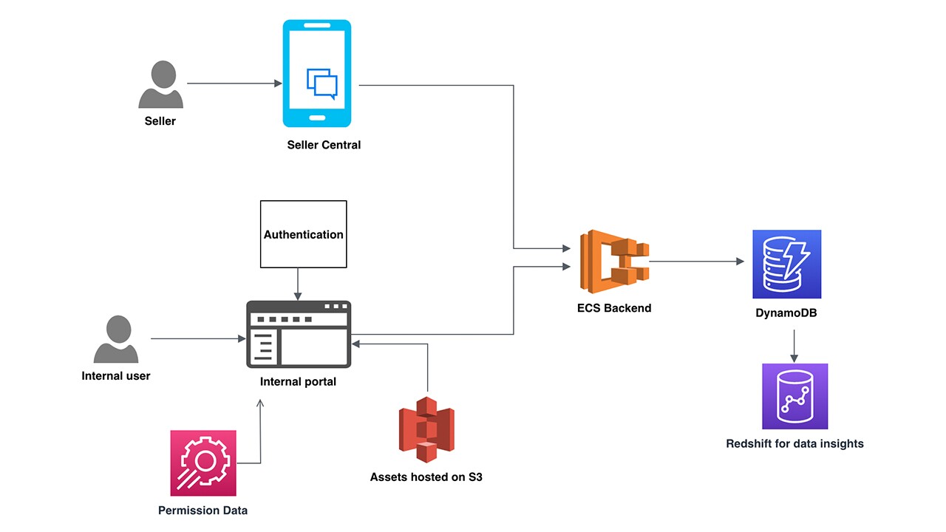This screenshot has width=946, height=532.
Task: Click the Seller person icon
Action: point(160,84)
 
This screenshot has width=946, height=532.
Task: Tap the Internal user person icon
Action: point(116,339)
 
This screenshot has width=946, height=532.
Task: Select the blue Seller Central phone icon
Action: point(317,73)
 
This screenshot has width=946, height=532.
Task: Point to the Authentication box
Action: point(303,234)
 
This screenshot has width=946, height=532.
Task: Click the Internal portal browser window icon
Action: point(299,334)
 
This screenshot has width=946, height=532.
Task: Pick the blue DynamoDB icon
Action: point(786,264)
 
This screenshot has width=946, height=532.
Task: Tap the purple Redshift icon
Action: point(794,396)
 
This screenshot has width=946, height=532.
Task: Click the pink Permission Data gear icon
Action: point(203,463)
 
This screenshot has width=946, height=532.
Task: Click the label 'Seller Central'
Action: point(324,145)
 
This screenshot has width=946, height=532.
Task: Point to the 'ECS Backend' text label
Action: point(614,308)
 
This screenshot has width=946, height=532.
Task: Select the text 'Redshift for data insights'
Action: point(794,443)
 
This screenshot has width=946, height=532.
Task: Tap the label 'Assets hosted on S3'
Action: point(426,477)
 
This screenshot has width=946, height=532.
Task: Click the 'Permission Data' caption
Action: point(203,511)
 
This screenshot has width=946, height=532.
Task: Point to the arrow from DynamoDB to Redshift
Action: point(794,344)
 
